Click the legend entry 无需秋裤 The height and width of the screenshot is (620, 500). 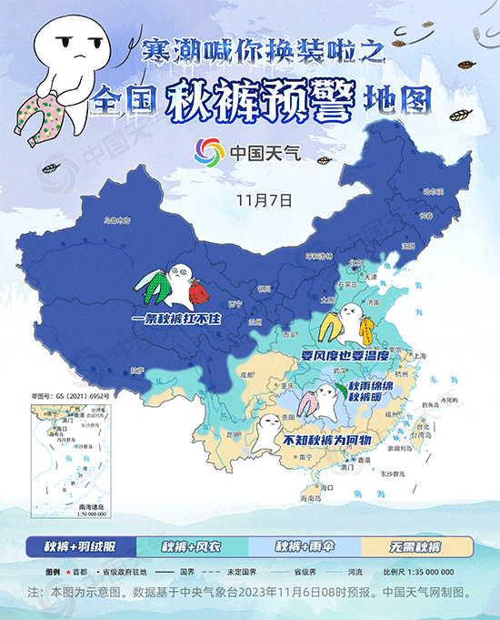416,546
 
